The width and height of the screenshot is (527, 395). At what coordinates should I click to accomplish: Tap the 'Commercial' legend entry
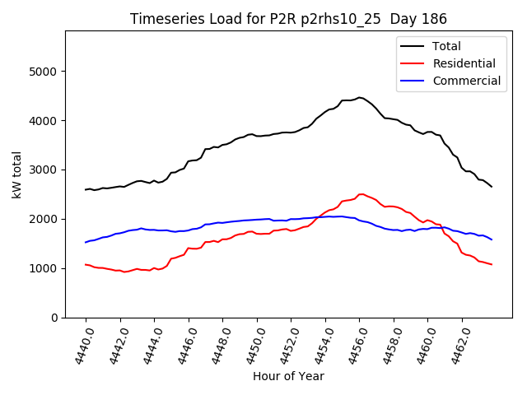click(466, 81)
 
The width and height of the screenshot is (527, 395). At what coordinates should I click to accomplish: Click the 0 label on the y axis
click(54, 318)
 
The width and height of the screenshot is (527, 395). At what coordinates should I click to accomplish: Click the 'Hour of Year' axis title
click(288, 376)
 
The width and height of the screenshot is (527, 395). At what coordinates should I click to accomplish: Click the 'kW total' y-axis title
click(16, 174)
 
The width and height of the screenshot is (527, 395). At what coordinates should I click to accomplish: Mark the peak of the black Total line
click(359, 97)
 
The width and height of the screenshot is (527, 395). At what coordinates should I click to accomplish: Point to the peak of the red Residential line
click(361, 194)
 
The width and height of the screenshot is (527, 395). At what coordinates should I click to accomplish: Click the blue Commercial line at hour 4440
click(86, 242)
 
